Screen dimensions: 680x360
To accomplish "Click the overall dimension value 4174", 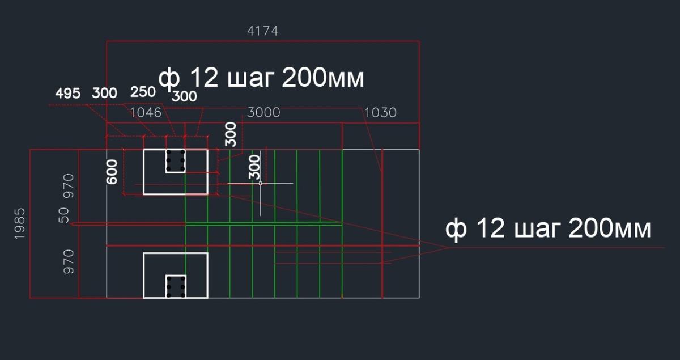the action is [x=263, y=31].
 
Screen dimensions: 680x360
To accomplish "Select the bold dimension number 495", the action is [x=68, y=94].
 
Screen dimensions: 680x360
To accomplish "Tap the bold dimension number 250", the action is [x=143, y=92].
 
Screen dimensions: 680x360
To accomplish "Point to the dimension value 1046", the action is [x=146, y=112].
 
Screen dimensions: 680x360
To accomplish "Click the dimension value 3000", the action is [x=263, y=112].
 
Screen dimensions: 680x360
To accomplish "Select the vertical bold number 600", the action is [x=112, y=171].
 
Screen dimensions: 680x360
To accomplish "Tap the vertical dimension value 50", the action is [x=64, y=215].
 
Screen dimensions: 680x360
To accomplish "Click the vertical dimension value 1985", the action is [x=20, y=223].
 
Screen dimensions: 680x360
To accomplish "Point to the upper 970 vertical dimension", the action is [x=68, y=185].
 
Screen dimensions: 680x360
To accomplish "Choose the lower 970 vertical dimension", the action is [x=68, y=261].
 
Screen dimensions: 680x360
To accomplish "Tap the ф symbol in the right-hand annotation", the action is [x=454, y=229].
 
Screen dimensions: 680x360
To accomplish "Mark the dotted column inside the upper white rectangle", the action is [x=176, y=161].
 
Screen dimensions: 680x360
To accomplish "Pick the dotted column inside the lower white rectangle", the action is [x=176, y=286].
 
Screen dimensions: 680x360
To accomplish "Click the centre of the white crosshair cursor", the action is [x=260, y=183].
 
